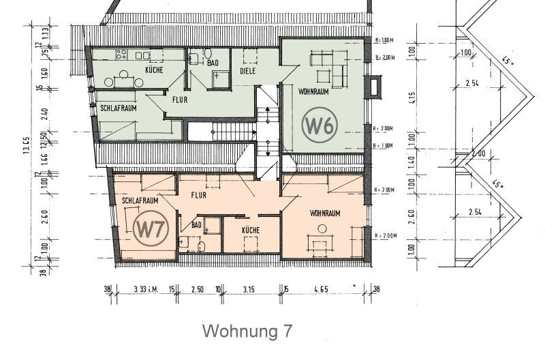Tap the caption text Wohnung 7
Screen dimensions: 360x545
(x=249, y=331)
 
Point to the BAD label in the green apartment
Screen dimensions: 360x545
(x=213, y=63)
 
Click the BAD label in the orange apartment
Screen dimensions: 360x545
(x=197, y=224)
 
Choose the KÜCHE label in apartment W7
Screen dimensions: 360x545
(x=251, y=230)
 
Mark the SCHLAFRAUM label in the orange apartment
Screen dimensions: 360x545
(x=140, y=201)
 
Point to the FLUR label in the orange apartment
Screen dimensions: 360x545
(x=199, y=194)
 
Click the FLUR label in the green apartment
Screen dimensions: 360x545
(x=180, y=100)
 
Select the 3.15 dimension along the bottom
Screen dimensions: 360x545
(x=249, y=290)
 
